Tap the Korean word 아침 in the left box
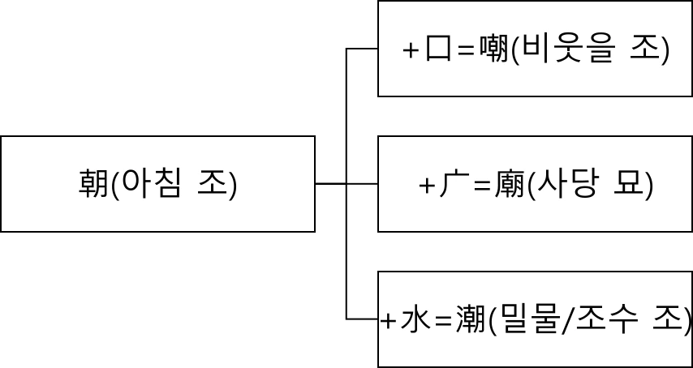(151, 185)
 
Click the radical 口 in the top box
(438, 50)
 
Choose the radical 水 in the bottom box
(415, 321)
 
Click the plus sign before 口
(411, 51)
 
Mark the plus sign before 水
(389, 322)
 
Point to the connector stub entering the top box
(363, 49)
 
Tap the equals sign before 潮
(443, 322)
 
